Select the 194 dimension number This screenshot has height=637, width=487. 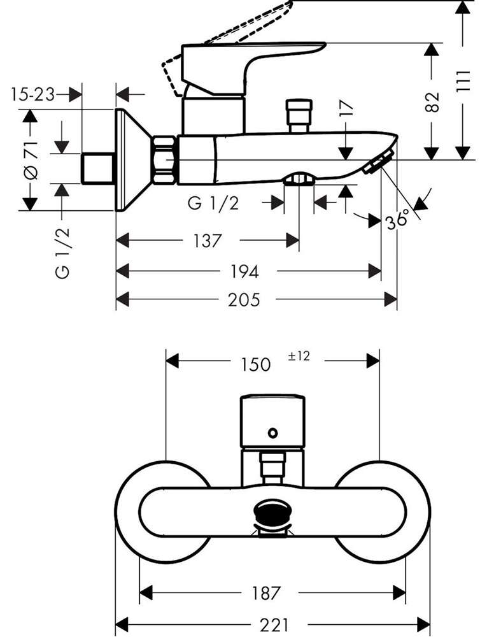click(x=244, y=271)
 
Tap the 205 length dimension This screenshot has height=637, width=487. click(x=244, y=300)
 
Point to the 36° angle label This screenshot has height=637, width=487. click(x=397, y=220)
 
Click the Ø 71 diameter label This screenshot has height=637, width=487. click(x=31, y=160)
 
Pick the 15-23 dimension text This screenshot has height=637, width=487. click(x=32, y=95)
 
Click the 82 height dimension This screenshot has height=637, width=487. click(x=433, y=102)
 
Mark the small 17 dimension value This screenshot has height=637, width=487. click(x=346, y=110)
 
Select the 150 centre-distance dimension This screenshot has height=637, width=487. click(x=256, y=364)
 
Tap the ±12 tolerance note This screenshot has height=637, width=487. click(x=299, y=356)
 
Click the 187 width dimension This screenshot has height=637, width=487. click(x=266, y=593)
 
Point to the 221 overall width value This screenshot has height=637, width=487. click(x=274, y=625)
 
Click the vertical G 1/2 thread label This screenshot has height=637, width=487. click(x=63, y=253)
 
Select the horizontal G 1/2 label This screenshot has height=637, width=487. click(x=213, y=203)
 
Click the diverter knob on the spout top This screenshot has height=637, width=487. click(x=299, y=115)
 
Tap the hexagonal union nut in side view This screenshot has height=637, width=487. click(x=166, y=160)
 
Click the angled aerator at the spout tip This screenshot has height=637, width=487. click(x=379, y=162)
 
